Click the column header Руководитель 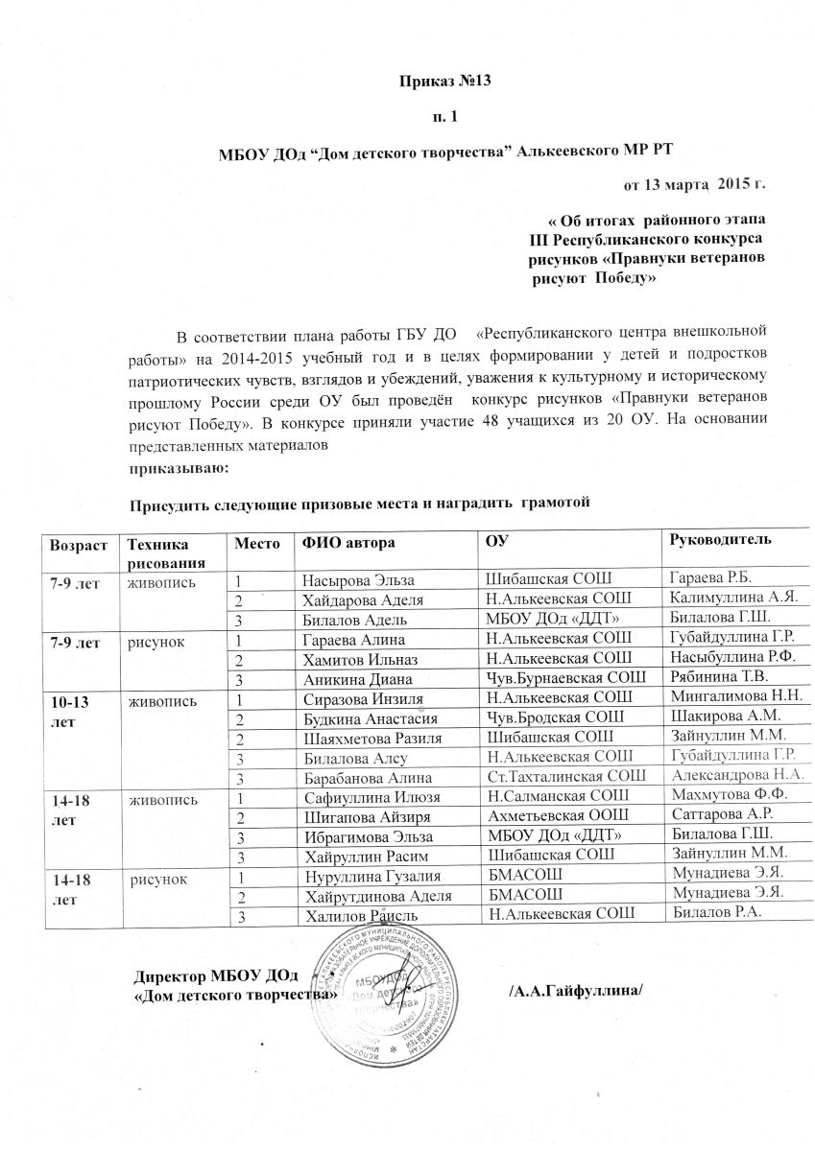[x=720, y=542]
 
